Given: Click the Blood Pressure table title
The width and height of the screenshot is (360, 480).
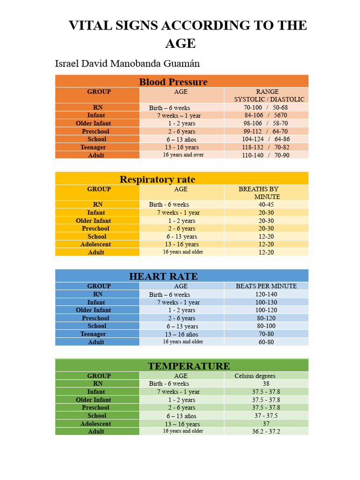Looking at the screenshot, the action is [x=173, y=82].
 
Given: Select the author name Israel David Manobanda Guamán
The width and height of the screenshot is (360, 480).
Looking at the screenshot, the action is [x=127, y=63].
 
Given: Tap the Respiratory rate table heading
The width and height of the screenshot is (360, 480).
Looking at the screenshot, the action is [x=157, y=179].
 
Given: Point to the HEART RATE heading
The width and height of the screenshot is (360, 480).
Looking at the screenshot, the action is [x=164, y=276].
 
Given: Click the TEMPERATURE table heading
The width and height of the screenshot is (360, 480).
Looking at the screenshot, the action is [x=189, y=366].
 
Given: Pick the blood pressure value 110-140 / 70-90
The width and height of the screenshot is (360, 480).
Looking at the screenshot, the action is [x=266, y=155].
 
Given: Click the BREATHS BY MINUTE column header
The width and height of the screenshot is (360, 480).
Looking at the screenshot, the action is [x=259, y=193].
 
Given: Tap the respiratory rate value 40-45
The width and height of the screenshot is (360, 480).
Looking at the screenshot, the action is [x=266, y=204].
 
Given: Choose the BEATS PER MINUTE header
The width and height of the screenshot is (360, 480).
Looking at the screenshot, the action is [x=266, y=286].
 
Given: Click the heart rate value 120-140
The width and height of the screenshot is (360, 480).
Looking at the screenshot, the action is [x=266, y=294].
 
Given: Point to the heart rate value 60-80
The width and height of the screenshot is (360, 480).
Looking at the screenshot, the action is [x=266, y=342].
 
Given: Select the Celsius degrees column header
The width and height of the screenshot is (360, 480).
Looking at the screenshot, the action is [x=255, y=375].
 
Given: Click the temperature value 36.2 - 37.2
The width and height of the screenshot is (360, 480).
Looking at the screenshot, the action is [x=266, y=431].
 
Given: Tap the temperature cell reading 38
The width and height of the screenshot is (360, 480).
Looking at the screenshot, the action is [x=266, y=383].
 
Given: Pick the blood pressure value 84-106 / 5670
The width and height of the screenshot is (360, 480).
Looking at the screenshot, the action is [x=266, y=115].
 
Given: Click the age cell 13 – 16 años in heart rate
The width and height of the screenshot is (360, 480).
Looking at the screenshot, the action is [x=181, y=334].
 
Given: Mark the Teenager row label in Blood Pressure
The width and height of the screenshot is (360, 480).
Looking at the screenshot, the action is [x=93, y=147].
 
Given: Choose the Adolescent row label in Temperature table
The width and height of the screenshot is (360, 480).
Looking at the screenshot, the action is [x=96, y=424].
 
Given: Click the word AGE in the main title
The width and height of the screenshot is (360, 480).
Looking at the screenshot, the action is [x=180, y=43].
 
